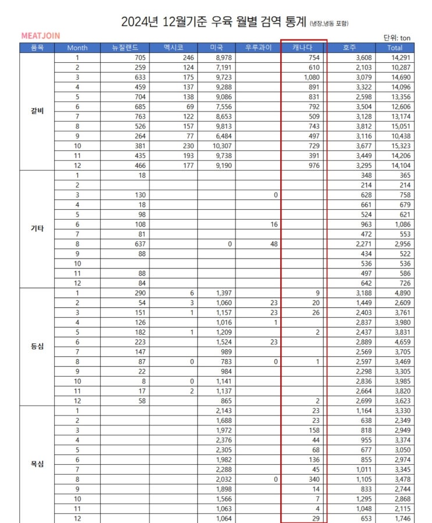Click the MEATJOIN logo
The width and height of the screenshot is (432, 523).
pyautogui.click(x=40, y=35)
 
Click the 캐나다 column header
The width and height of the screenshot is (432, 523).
pyautogui.click(x=304, y=48)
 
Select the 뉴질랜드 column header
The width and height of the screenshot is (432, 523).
pyautogui.click(x=124, y=48)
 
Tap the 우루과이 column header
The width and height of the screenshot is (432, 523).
pyautogui.click(x=257, y=48)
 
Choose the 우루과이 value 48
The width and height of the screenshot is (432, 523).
pyautogui.click(x=273, y=245)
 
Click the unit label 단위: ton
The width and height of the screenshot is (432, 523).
pyautogui.click(x=397, y=37)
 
